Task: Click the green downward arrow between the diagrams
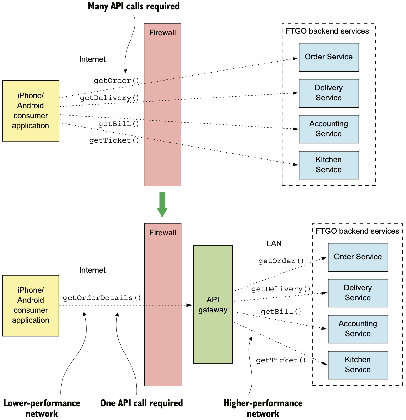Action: pyautogui.click(x=162, y=204)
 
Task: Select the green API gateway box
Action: pyautogui.click(x=213, y=305)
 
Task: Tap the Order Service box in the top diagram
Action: pyautogui.click(x=329, y=57)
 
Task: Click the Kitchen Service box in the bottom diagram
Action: pyautogui.click(x=358, y=365)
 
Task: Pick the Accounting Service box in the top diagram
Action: pyautogui.click(x=329, y=129)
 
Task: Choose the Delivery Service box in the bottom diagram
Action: pyautogui.click(x=358, y=293)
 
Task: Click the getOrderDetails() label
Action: pyautogui.click(x=102, y=298)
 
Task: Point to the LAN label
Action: pyautogui.click(x=274, y=243)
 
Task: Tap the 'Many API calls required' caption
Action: pyautogui.click(x=134, y=6)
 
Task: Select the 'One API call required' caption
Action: pyautogui.click(x=141, y=403)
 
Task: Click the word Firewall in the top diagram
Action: pyautogui.click(x=162, y=32)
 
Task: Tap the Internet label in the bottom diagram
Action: pyautogui.click(x=92, y=270)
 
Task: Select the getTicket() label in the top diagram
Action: pyautogui.click(x=114, y=141)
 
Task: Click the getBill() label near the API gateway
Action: pyautogui.click(x=281, y=312)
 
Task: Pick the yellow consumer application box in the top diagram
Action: pyautogui.click(x=31, y=111)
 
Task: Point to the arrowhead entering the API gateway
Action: pyautogui.click(x=190, y=305)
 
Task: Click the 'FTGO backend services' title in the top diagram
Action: pyautogui.click(x=327, y=31)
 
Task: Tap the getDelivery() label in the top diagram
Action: pyautogui.click(x=109, y=98)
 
